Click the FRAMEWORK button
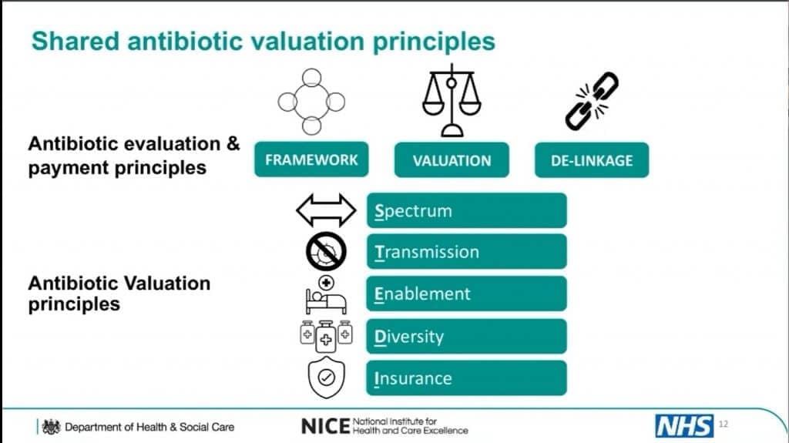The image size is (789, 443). [311, 159]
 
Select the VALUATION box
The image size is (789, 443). [452, 160]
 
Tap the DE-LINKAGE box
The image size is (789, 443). [592, 160]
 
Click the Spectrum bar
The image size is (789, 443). [466, 210]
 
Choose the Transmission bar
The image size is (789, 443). [466, 252]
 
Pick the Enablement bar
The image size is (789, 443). [466, 294]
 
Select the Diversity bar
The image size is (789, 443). [466, 336]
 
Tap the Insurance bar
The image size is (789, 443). [466, 378]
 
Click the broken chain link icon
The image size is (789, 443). [592, 101]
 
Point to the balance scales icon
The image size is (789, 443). [452, 100]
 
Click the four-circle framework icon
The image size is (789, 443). [311, 102]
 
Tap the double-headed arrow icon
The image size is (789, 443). [326, 210]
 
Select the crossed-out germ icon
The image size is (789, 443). [326, 251]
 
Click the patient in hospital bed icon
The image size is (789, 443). [326, 295]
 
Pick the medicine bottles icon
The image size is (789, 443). [326, 335]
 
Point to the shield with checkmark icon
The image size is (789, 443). [327, 378]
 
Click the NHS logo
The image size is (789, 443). [684, 426]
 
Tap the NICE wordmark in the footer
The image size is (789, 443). [325, 426]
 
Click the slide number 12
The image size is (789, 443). [723, 424]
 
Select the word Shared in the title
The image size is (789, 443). [76, 42]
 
